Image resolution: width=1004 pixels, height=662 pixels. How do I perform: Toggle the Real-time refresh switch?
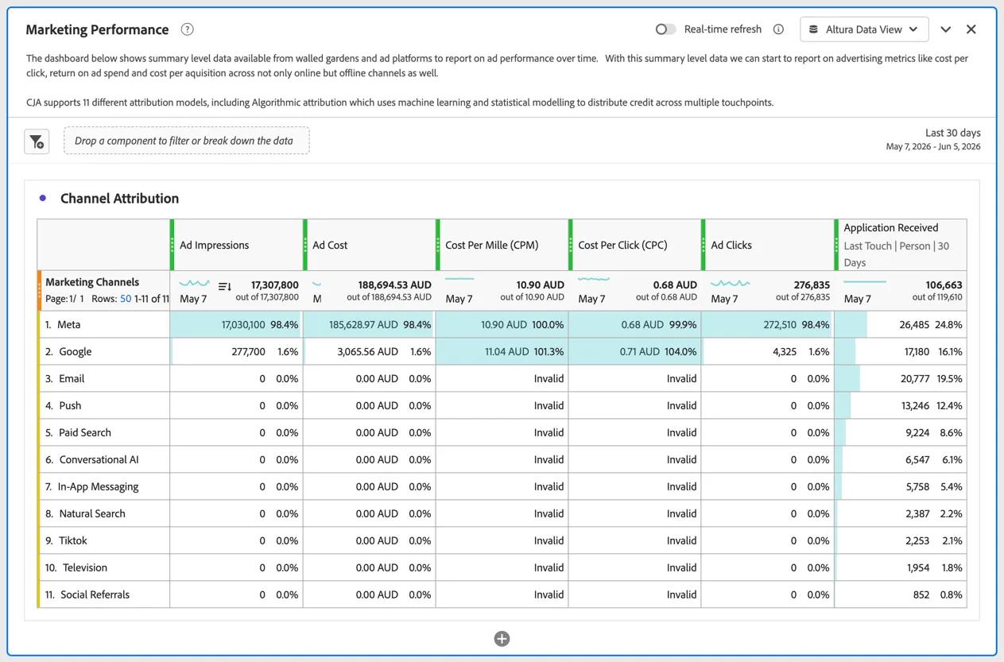coord(665,29)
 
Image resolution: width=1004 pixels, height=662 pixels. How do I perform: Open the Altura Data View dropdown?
coord(864,29)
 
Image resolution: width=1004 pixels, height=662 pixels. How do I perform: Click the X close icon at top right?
coord(971,29)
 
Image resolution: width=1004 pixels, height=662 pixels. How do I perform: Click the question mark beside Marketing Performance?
coord(187,29)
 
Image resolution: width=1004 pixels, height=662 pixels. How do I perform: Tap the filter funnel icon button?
coord(37,141)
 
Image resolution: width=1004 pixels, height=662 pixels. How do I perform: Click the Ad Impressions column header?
coord(215,245)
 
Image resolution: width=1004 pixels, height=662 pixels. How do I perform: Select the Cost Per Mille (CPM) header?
coord(492,245)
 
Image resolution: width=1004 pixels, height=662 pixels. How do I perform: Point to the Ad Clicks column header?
coord(731,245)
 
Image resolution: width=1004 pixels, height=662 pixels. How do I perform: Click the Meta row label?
coord(68,324)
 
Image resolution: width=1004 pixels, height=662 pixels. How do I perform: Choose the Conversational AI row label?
coord(99,459)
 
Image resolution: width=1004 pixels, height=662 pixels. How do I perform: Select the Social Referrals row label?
coord(95,594)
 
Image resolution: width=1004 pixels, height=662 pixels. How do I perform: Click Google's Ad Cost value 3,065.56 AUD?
coord(367,351)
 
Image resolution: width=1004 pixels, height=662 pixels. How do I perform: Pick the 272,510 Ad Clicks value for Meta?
coord(780,324)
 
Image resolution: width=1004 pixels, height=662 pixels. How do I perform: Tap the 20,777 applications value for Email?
coord(915,378)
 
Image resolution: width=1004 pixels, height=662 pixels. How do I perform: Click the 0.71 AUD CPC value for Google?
coord(640,351)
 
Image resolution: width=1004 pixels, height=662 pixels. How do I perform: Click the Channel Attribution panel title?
coord(120,198)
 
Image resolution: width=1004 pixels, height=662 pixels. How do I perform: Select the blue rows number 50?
coord(126,299)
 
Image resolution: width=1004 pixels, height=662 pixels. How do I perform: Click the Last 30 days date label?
coord(953,133)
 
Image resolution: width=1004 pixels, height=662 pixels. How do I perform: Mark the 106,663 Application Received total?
coord(944,285)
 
